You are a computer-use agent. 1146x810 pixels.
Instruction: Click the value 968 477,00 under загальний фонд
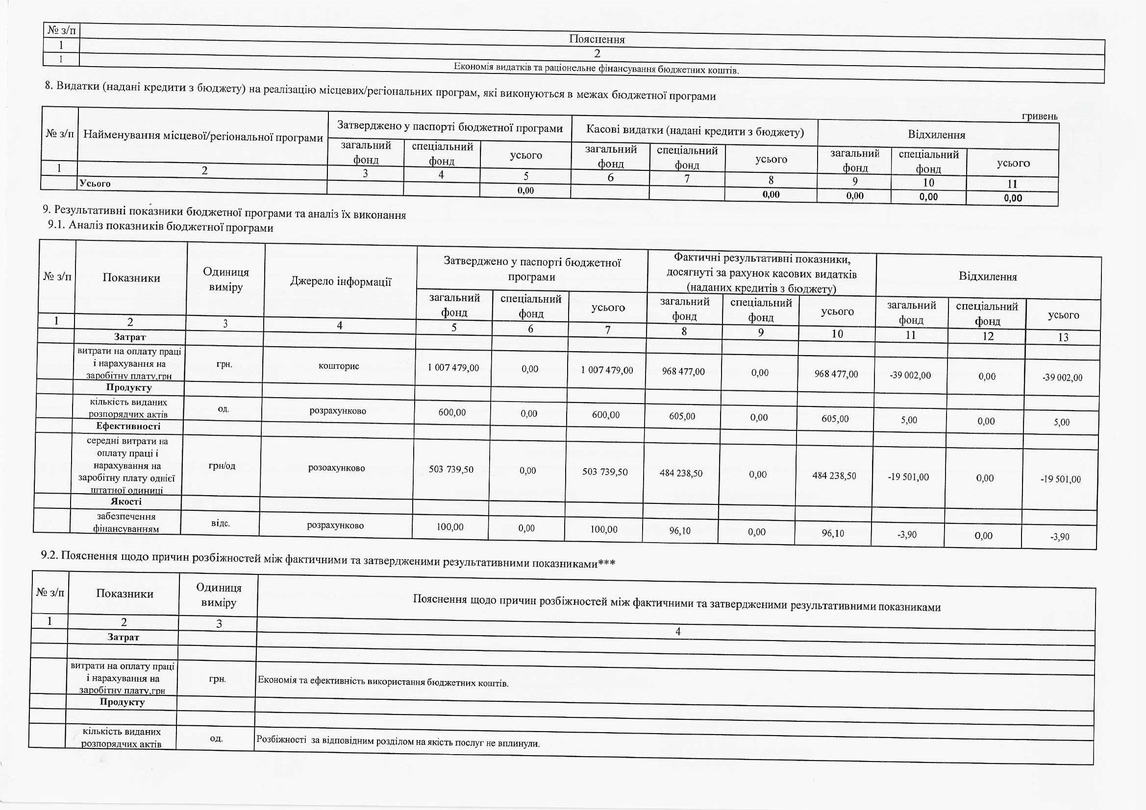pos(683,371)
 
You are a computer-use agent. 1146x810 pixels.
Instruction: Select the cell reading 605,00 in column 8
pos(682,416)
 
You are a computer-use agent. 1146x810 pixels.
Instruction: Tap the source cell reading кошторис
pos(339,366)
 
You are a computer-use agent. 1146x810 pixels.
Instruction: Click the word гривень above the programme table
pos(1040,116)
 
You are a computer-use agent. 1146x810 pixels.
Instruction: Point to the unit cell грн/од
pos(222,466)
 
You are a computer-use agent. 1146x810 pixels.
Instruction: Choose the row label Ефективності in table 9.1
pos(128,426)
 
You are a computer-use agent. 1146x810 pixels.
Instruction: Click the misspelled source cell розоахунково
pos(336,468)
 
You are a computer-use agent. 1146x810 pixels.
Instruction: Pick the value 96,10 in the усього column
pos(833,533)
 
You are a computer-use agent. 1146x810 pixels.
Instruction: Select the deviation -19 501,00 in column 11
pos(908,477)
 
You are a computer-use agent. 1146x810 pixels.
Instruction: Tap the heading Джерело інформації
pos(340,282)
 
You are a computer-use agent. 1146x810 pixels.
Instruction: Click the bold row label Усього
pos(95,184)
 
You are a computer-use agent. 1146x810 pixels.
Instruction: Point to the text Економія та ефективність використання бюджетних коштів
pos(383,682)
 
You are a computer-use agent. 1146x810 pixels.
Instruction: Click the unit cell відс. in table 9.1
pos(220,523)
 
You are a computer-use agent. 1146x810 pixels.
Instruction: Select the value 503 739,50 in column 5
pos(451,469)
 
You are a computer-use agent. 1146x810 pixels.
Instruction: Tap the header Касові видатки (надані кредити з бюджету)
pos(695,131)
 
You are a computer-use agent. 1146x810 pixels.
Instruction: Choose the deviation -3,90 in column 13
pos(1059,537)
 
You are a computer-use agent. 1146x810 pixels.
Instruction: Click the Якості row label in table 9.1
pos(126,501)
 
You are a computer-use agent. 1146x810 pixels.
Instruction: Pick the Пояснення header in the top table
pos(597,39)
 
